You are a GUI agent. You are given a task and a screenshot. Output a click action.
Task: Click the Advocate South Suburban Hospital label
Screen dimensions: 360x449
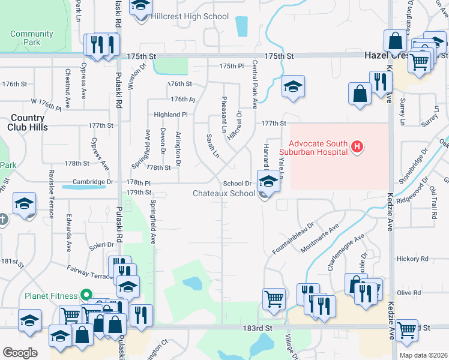318,148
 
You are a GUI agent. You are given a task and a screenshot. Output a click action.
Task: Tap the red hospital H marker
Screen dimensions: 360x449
358,146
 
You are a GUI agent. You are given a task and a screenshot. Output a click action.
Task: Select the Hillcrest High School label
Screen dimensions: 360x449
190,17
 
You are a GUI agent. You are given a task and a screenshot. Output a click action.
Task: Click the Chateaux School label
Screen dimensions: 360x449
224,193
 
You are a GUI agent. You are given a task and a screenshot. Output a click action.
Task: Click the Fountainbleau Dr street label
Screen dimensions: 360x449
293,237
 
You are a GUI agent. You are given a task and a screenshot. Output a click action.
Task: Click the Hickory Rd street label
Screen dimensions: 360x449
412,259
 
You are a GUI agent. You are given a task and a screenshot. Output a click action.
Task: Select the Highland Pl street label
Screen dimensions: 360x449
171,114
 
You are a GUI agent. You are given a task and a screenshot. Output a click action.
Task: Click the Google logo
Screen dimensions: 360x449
20,353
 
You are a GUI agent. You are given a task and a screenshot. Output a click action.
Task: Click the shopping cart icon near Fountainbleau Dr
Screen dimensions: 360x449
274,298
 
